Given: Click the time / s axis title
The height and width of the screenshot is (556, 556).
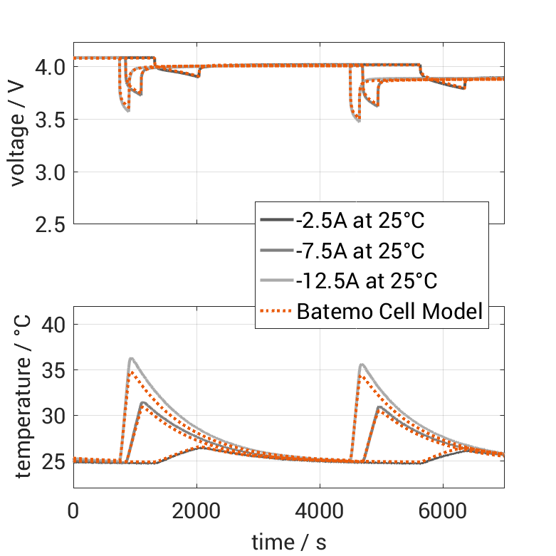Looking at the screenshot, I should (x=289, y=542).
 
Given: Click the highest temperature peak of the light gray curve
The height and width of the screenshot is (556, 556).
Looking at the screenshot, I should (x=131, y=359).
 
